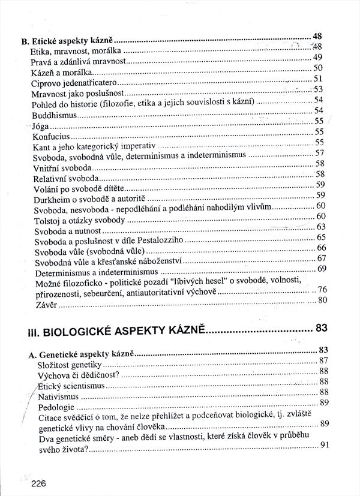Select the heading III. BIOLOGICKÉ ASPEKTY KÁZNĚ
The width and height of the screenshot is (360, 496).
coord(117,329)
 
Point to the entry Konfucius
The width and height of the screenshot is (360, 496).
coord(49,137)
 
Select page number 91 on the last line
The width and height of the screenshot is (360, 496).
coord(325,444)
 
